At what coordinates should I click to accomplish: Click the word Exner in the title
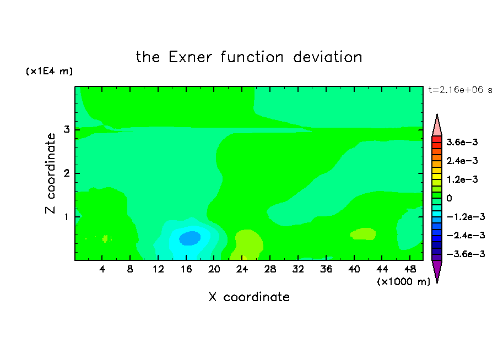(x=190, y=57)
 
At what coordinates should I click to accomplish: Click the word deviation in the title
(x=328, y=57)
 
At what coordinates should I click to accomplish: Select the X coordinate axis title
(x=249, y=297)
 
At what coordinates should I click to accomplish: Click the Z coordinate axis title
(x=51, y=173)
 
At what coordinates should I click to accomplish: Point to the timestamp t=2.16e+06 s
(x=460, y=90)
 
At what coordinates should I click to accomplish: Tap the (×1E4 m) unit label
(x=49, y=71)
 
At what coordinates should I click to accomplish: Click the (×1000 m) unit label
(x=403, y=281)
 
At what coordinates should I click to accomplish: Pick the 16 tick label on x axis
(x=186, y=269)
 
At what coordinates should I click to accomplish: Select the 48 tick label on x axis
(x=410, y=269)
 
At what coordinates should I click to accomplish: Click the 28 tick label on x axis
(x=270, y=269)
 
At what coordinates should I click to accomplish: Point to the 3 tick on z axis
(x=66, y=129)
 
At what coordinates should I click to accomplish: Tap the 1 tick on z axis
(x=66, y=217)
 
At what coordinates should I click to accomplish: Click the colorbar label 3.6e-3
(x=462, y=142)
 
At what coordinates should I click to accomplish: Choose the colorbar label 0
(x=449, y=198)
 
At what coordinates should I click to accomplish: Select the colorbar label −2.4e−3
(x=465, y=235)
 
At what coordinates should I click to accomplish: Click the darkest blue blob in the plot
(x=190, y=238)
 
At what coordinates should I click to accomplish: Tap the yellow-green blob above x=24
(x=248, y=244)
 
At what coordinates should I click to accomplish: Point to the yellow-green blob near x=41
(x=363, y=234)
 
